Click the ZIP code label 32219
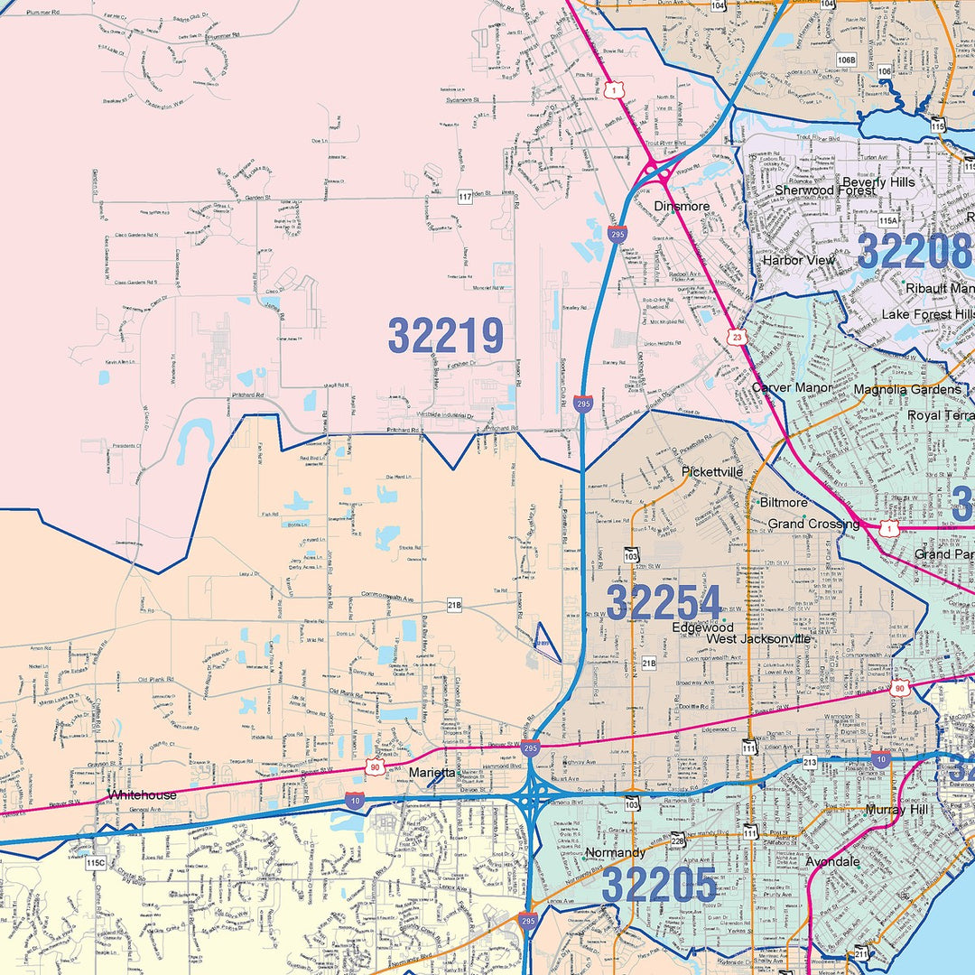tap(446, 336)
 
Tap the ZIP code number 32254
tap(664, 602)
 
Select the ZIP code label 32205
tap(659, 885)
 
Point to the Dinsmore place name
tap(682, 207)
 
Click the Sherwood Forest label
tap(824, 190)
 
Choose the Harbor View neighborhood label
tap(799, 260)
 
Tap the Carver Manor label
tap(792, 387)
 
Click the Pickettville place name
tap(712, 471)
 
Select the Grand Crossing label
tap(813, 524)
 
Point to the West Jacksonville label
tap(758, 639)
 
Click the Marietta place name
tap(433, 773)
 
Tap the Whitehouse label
tap(142, 794)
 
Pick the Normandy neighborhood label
tap(615, 852)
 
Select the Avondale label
tap(832, 862)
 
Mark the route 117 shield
tap(465, 197)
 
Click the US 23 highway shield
tap(738, 338)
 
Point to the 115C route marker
tap(96, 863)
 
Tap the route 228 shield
tap(678, 840)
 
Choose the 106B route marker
tap(846, 60)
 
